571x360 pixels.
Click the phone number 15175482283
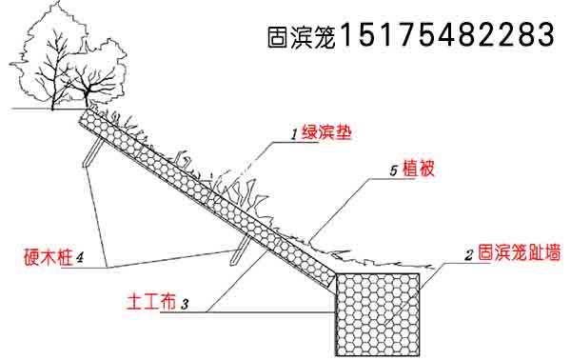click(x=446, y=36)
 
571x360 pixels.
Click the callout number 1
click(x=295, y=135)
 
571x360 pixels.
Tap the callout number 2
click(x=468, y=255)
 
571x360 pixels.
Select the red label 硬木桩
click(x=47, y=256)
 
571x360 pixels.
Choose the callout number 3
click(x=185, y=305)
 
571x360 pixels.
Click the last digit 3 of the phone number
click(x=544, y=36)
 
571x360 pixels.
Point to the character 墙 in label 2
click(x=552, y=254)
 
